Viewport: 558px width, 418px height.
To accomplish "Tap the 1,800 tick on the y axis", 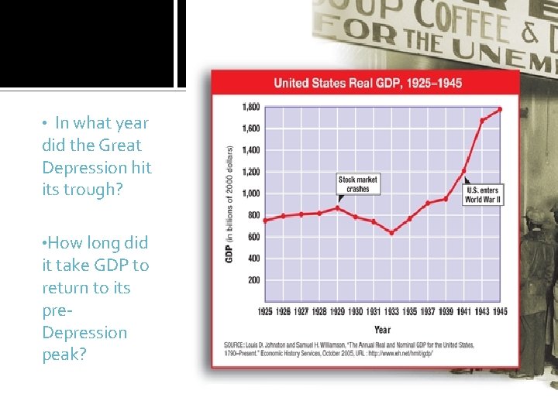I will tap(250, 107).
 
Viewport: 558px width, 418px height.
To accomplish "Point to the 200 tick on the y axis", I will tap(253, 280).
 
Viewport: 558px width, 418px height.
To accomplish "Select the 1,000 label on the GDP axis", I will tap(250, 194).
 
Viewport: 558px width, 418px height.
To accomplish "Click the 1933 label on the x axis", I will tap(391, 312).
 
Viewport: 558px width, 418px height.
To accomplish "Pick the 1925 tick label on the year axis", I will tap(265, 312).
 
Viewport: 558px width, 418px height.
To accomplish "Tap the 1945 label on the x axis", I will tap(500, 312).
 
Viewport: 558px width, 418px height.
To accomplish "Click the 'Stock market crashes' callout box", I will tap(358, 184).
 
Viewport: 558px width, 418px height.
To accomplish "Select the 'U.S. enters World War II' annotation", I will tap(483, 194).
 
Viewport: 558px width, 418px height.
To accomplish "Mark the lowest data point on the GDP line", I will tap(391, 232).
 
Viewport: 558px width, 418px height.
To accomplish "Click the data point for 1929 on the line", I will tap(337, 207).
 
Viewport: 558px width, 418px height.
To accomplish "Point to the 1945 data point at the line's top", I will tap(500, 109).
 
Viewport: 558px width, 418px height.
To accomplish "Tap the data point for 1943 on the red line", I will tap(482, 120).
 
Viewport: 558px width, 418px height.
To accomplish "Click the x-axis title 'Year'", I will tap(382, 329).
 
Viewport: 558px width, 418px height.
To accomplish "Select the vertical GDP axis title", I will tap(230, 203).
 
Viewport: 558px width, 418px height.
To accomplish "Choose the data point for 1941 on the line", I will tap(463, 171).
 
